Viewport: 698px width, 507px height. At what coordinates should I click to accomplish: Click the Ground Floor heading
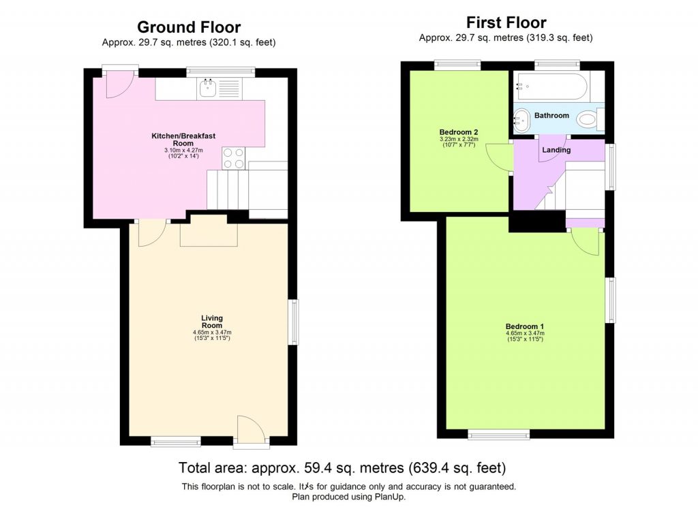189,27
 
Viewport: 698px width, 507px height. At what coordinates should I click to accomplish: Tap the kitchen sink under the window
207,87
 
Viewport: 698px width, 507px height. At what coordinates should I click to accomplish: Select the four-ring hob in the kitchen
233,158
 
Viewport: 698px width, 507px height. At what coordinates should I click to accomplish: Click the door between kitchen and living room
150,233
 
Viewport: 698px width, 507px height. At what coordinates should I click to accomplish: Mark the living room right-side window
294,322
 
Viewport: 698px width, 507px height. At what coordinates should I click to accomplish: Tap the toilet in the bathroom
588,121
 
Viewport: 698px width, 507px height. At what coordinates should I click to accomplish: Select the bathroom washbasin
522,121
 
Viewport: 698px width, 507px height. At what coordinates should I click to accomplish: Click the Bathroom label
551,116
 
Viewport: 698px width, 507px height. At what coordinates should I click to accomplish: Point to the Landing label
556,150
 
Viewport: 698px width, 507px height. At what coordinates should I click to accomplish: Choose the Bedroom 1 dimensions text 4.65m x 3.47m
525,333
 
